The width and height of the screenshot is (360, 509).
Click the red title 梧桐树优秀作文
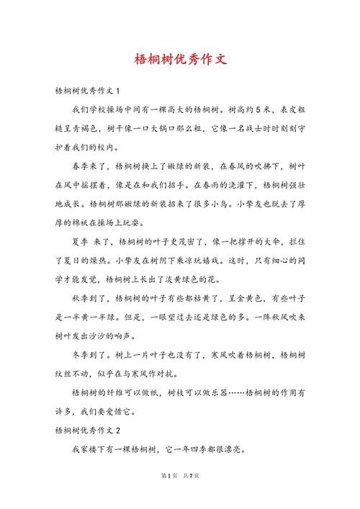coord(180,59)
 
